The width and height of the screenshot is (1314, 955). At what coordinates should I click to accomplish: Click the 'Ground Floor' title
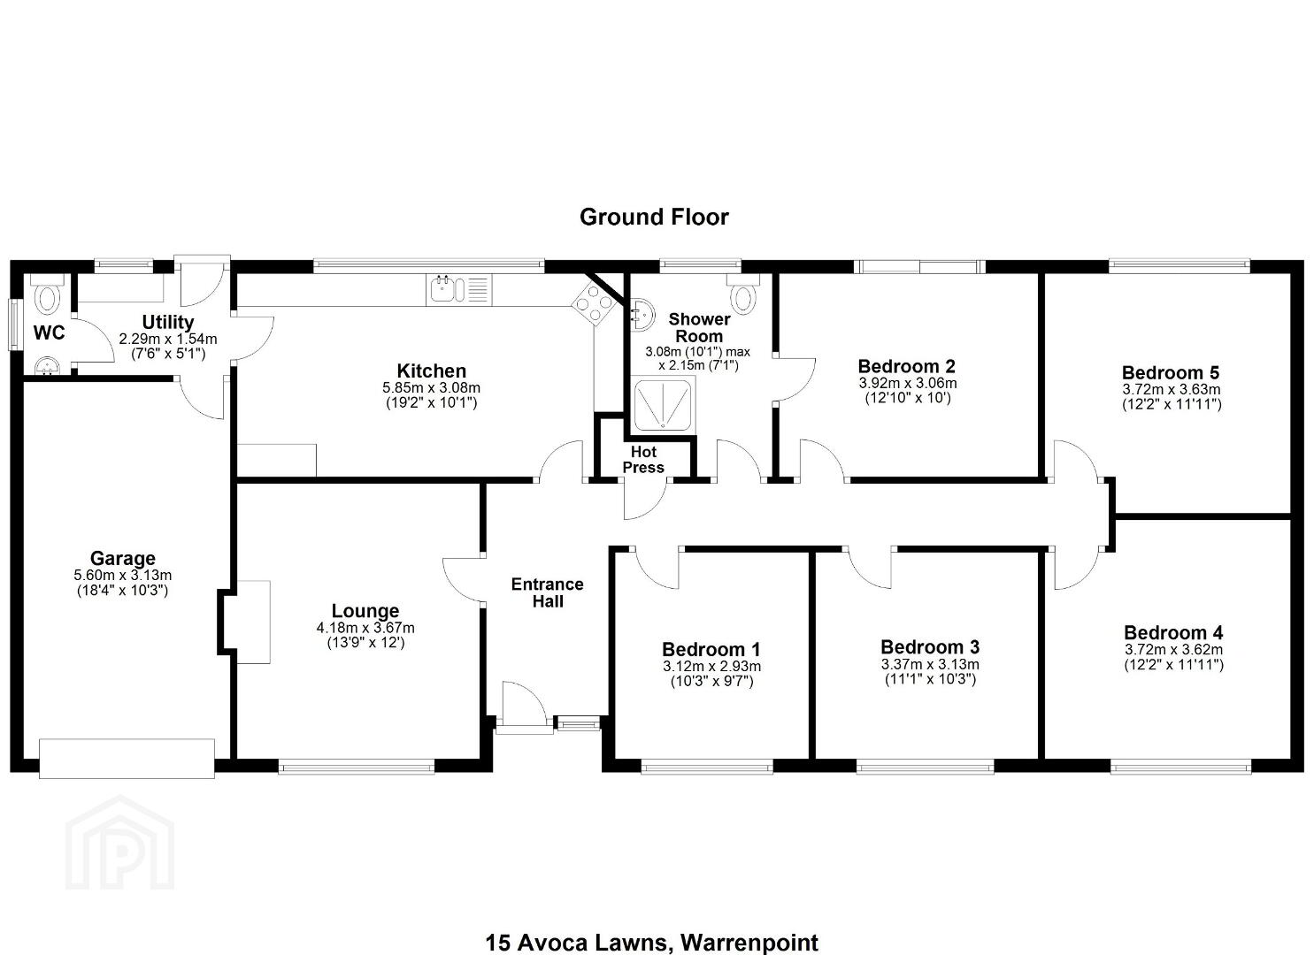pos(654,217)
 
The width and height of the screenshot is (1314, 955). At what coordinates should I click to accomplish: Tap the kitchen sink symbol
pos(458,290)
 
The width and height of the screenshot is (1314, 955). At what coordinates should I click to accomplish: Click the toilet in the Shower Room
pos(744,293)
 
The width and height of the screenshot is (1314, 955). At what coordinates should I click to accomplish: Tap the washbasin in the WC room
pos(47,366)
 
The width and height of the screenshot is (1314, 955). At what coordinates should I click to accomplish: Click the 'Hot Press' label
pos(643,460)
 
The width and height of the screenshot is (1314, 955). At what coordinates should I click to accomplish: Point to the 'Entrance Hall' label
pos(548,592)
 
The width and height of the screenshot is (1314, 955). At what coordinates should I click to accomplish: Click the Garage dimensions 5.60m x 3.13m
pos(123,576)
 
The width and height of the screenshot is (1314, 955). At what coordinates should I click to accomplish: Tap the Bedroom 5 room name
pos(1171,372)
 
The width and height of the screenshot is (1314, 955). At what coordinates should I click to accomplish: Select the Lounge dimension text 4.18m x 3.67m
pos(365,628)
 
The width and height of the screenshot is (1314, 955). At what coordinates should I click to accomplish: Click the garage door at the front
pos(127,759)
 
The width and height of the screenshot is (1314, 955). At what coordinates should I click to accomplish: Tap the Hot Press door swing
pos(644,500)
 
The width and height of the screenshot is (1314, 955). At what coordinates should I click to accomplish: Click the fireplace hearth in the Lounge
pos(253,622)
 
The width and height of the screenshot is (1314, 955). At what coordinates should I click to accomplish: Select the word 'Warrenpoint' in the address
pos(749,943)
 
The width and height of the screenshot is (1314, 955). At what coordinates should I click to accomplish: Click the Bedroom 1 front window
pos(707,767)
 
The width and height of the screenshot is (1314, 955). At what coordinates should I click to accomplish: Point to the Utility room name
pos(168,322)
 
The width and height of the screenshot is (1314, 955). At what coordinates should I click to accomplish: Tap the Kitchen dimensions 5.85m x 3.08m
pos(431,387)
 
